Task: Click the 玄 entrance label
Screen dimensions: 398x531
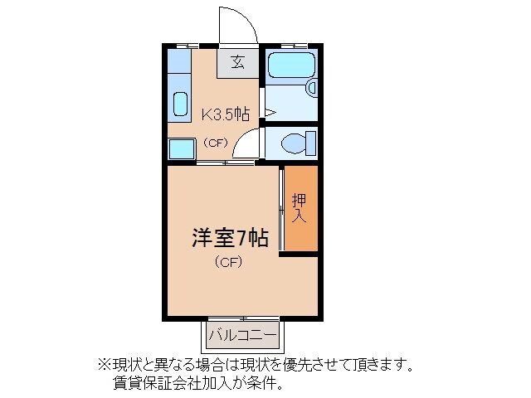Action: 236,61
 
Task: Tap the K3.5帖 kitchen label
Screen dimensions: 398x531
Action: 226,114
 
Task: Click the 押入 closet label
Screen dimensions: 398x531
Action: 300,210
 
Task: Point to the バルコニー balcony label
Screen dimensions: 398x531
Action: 242,335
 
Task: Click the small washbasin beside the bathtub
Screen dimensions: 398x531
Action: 312,86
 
